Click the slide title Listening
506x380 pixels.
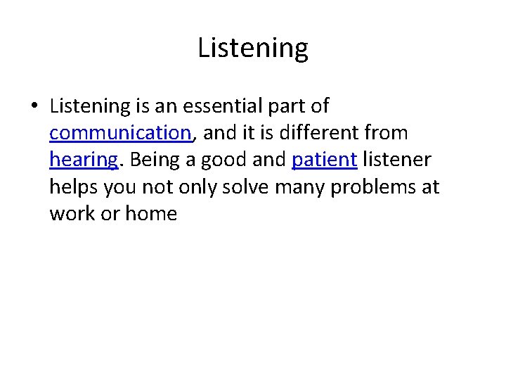[x=252, y=49]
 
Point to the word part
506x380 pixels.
[x=289, y=107]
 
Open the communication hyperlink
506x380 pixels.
[x=120, y=133]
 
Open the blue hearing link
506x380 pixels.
[x=84, y=160]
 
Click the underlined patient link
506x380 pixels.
[x=324, y=160]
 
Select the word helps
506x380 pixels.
[x=74, y=187]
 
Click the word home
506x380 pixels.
[x=151, y=213]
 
